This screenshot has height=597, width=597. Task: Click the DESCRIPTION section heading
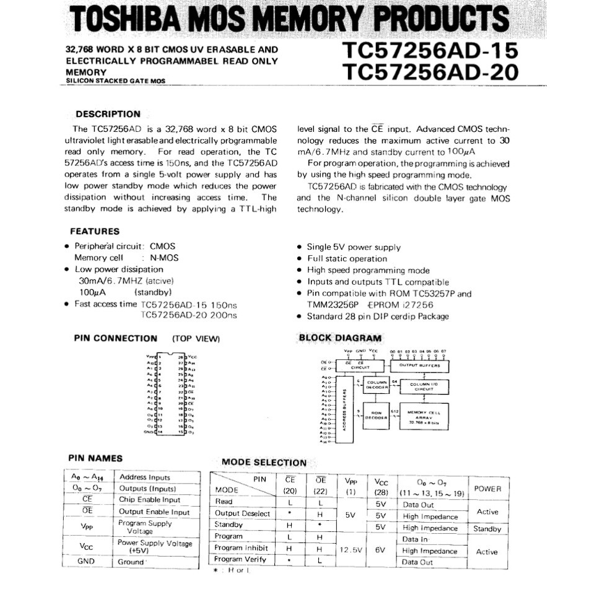[x=108, y=114]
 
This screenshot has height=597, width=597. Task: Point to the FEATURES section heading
[x=95, y=232]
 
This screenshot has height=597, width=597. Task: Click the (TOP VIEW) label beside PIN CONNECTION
[x=196, y=339]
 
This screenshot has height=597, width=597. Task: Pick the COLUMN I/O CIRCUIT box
[x=424, y=386]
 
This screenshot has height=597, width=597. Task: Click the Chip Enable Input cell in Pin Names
[x=149, y=500]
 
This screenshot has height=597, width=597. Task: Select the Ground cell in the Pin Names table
[x=131, y=562]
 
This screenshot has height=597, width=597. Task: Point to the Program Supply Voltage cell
[x=145, y=527]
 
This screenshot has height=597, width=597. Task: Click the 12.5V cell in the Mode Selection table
[x=350, y=549]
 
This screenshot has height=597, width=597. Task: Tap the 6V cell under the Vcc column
[x=380, y=549]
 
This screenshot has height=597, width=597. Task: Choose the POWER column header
[x=487, y=489]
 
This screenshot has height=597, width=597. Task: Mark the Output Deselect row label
[x=242, y=513]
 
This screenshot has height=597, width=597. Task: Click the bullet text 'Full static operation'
[x=347, y=259]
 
